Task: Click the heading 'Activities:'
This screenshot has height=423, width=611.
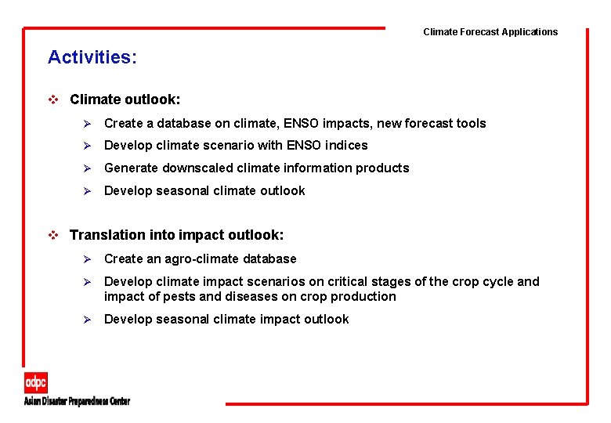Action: (92, 57)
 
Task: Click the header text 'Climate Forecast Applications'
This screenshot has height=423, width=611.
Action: (490, 32)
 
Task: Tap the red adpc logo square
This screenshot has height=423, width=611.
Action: (35, 382)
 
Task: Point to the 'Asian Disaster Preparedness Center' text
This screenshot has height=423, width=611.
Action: (77, 401)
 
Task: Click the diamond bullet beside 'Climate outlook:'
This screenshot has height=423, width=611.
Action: (53, 99)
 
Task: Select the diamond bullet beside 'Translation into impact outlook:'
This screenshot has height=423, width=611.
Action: (53, 235)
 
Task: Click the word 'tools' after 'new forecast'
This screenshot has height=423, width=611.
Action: (469, 123)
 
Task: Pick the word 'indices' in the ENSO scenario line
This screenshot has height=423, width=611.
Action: (345, 145)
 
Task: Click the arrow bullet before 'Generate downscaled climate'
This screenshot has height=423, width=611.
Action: (89, 168)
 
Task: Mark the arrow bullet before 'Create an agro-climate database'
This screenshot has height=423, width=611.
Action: (89, 258)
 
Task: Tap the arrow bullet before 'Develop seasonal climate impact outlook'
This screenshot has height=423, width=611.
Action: (89, 319)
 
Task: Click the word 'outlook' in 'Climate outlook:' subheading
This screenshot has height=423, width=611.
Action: (154, 99)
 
